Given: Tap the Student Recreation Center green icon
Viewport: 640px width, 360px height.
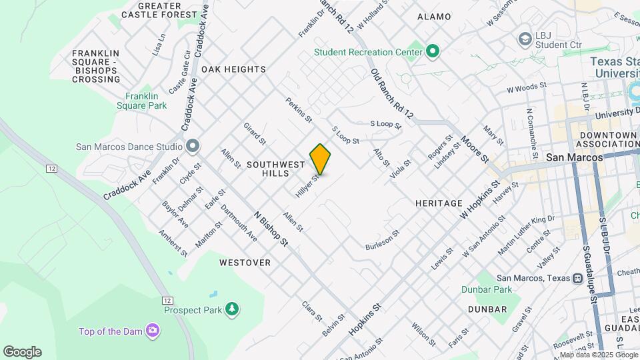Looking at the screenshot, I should (x=432, y=51).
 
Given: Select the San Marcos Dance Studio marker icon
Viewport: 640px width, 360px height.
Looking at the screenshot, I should (x=193, y=145).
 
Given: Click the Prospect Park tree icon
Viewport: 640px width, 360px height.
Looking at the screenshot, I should (x=231, y=309).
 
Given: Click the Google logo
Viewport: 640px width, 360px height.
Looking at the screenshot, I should (x=22, y=352).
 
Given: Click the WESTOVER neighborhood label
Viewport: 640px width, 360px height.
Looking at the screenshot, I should (x=245, y=263).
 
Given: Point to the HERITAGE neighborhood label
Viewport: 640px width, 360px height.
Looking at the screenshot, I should (x=438, y=203).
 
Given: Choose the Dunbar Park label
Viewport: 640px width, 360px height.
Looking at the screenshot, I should (x=486, y=289).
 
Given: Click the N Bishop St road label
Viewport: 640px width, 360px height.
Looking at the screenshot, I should (x=271, y=228).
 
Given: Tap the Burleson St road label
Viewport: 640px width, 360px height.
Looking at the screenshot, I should (x=382, y=241).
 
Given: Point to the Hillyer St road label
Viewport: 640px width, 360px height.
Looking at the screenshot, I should (x=307, y=185).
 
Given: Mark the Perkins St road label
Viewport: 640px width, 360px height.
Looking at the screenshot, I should (x=299, y=111).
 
